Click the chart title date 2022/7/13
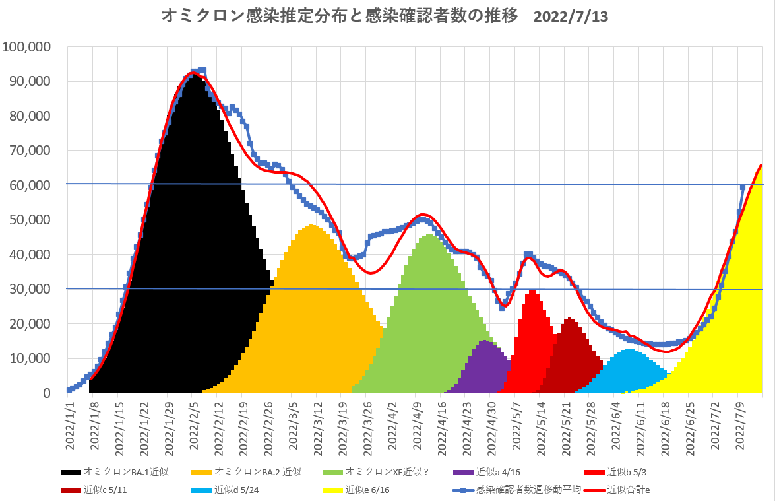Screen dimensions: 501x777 coord(571,17)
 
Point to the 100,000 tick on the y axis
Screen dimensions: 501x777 coord(28,47)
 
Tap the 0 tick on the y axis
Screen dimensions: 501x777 coord(47,393)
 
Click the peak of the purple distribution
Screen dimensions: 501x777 coord(485,341)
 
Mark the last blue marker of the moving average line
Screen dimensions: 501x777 coord(743,188)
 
